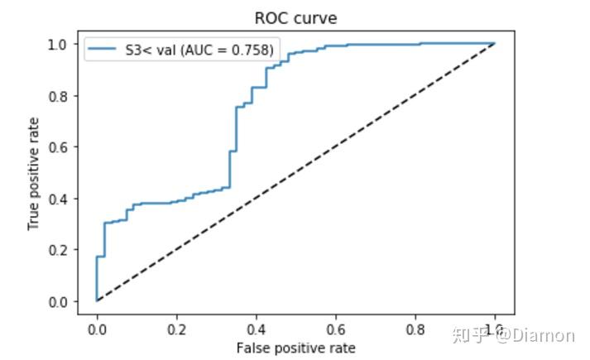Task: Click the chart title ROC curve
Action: point(295,18)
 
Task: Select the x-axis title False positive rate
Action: point(295,348)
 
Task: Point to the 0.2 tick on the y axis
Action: point(60,250)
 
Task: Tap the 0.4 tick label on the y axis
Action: point(60,199)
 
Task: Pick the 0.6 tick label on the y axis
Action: point(60,147)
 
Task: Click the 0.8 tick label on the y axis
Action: point(60,96)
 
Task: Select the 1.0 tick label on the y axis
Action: point(60,44)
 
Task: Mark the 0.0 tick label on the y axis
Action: point(60,301)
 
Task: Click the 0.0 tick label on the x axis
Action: point(97,329)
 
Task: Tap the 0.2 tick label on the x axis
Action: point(176,329)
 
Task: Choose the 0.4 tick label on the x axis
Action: point(256,329)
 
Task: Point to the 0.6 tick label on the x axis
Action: point(335,329)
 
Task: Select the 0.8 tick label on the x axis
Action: point(415,329)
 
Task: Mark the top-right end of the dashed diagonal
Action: point(494,43)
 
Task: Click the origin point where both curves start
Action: point(97,300)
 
